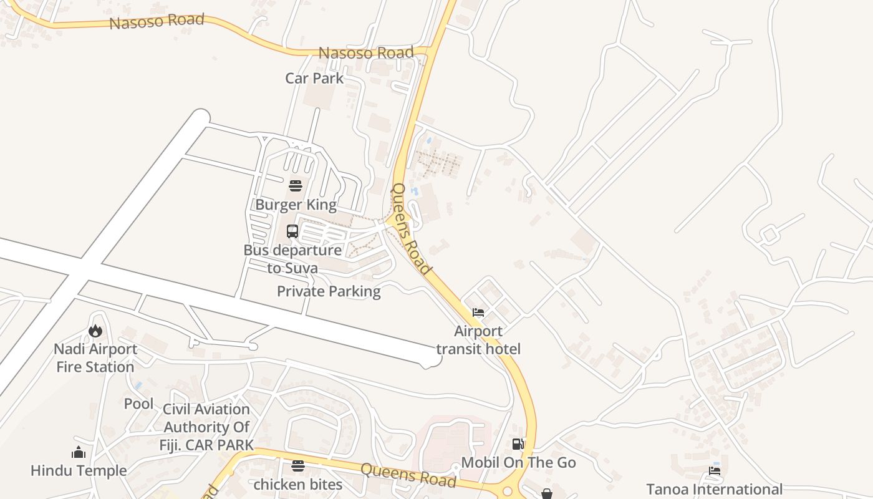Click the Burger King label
tap(296, 205)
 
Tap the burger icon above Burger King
tap(296, 186)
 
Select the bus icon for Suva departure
tap(292, 231)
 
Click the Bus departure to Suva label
tap(292, 259)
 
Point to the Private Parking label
tap(329, 291)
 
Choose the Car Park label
tap(314, 78)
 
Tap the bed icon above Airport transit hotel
tap(478, 312)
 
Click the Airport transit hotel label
tap(478, 340)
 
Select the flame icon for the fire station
tap(95, 331)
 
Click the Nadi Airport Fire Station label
tap(95, 358)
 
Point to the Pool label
tap(138, 404)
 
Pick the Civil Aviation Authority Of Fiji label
tap(206, 427)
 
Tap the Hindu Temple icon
tap(79, 452)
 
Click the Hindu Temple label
tap(79, 470)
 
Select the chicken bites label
tap(298, 484)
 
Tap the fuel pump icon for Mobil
tap(518, 444)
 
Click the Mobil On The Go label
tap(518, 463)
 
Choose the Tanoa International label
tap(714, 489)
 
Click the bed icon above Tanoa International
tap(715, 471)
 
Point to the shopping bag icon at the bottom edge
tap(547, 494)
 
